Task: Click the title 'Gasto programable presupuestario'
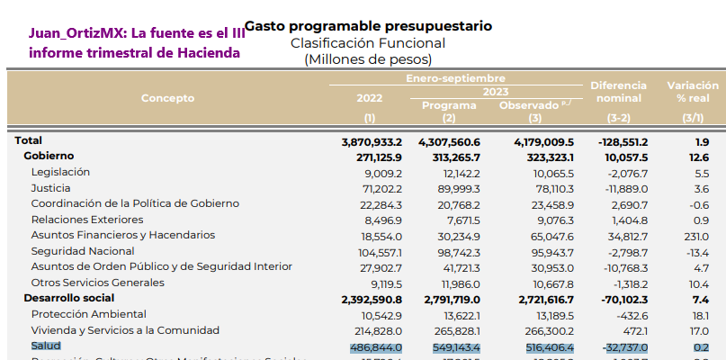tap(368, 26)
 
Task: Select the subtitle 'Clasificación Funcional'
tap(368, 43)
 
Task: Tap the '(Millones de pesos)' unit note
tap(368, 59)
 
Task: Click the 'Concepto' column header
tap(167, 98)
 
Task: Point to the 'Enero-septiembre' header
tap(455, 79)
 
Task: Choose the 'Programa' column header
tap(449, 105)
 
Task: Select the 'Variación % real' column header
tap(692, 91)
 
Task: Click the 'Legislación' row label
tap(60, 172)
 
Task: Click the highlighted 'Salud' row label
tap(46, 346)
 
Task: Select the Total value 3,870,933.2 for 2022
tap(372, 141)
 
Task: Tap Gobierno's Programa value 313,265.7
tap(450, 157)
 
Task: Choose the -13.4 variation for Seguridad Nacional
tap(696, 251)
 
